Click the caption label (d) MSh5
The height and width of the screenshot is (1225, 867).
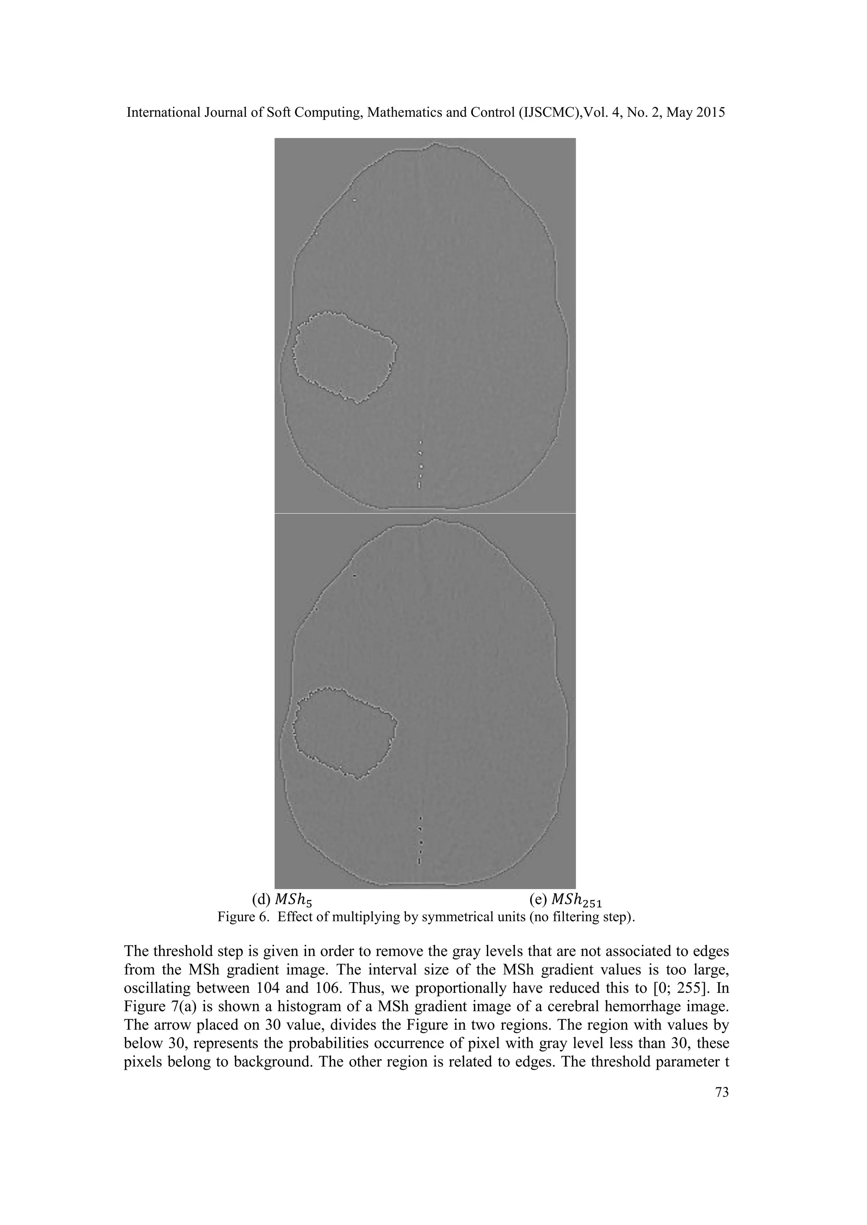click(282, 900)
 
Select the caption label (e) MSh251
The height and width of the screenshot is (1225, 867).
click(565, 900)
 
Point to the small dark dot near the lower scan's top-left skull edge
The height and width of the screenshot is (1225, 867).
click(354, 575)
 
